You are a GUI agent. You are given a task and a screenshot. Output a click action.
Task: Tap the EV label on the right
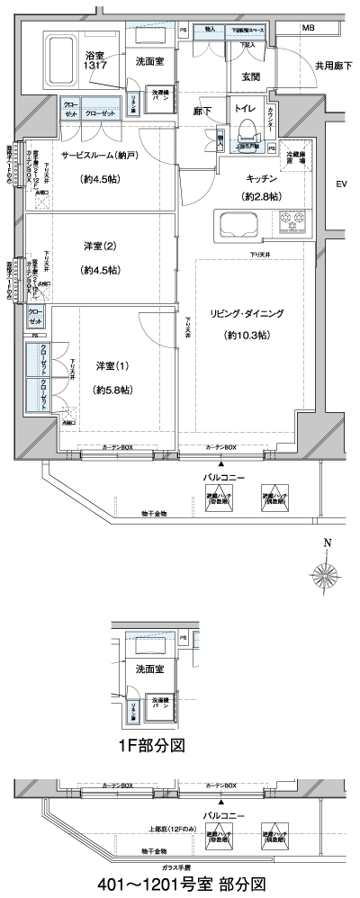(x=341, y=184)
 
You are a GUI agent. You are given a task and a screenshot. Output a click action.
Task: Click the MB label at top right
(x=308, y=29)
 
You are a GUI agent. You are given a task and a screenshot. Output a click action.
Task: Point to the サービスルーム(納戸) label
(x=100, y=155)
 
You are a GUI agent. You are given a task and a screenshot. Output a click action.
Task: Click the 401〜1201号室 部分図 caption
(x=180, y=884)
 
